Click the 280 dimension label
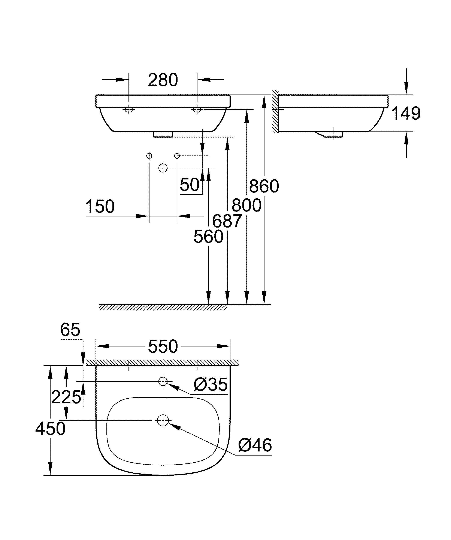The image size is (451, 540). (x=163, y=80)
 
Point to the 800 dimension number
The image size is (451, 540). (x=246, y=206)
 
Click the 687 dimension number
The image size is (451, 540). (x=227, y=221)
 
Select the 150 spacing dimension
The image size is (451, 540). (x=100, y=207)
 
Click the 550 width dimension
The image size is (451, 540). (x=163, y=346)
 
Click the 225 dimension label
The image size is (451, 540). (x=66, y=397)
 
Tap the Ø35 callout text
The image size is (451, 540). (x=211, y=385)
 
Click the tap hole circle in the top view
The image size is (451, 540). (x=163, y=381)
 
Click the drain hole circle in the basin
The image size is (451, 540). (x=163, y=420)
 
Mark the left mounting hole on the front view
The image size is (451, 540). (x=129, y=109)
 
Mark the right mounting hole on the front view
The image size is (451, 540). (x=197, y=109)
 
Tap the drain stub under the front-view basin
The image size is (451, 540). (x=163, y=134)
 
